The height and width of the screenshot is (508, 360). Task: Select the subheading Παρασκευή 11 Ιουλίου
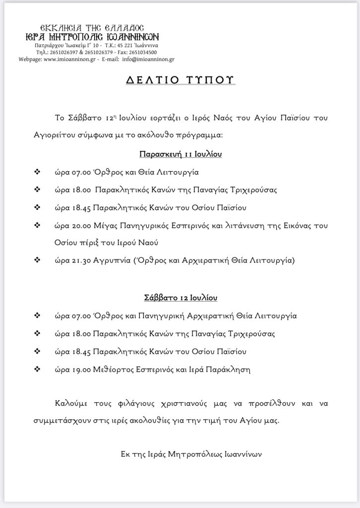(x=180, y=154)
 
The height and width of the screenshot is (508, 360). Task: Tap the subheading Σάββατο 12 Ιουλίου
(x=180, y=298)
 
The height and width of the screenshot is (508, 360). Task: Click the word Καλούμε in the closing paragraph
(x=70, y=404)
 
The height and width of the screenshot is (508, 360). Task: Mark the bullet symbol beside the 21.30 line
(x=36, y=260)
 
